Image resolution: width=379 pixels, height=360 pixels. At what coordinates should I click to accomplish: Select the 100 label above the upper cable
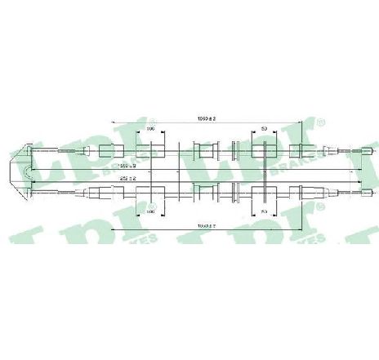(150, 129)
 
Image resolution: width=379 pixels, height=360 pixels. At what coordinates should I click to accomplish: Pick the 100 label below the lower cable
(150, 211)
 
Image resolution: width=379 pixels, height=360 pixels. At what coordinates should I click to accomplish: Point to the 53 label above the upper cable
(263, 129)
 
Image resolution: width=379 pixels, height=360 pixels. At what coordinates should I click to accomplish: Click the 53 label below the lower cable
(263, 211)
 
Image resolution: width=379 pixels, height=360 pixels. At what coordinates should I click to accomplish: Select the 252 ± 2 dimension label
(126, 179)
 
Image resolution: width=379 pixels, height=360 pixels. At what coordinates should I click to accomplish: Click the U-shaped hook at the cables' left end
(27, 172)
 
